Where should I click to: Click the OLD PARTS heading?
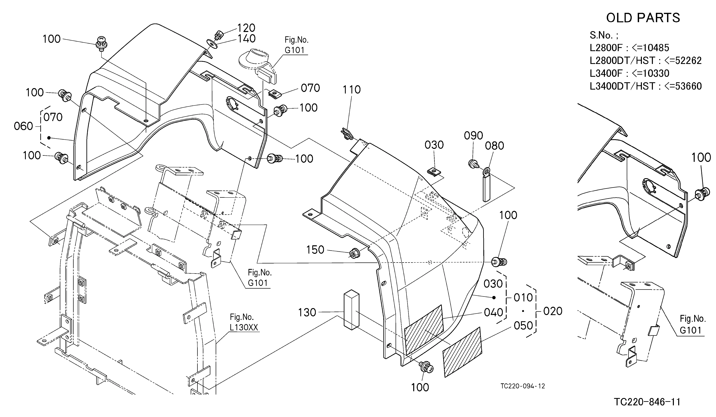pos(643,18)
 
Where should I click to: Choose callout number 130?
pos(307,312)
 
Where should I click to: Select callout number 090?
pos(473,136)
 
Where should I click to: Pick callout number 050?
pos(523,326)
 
